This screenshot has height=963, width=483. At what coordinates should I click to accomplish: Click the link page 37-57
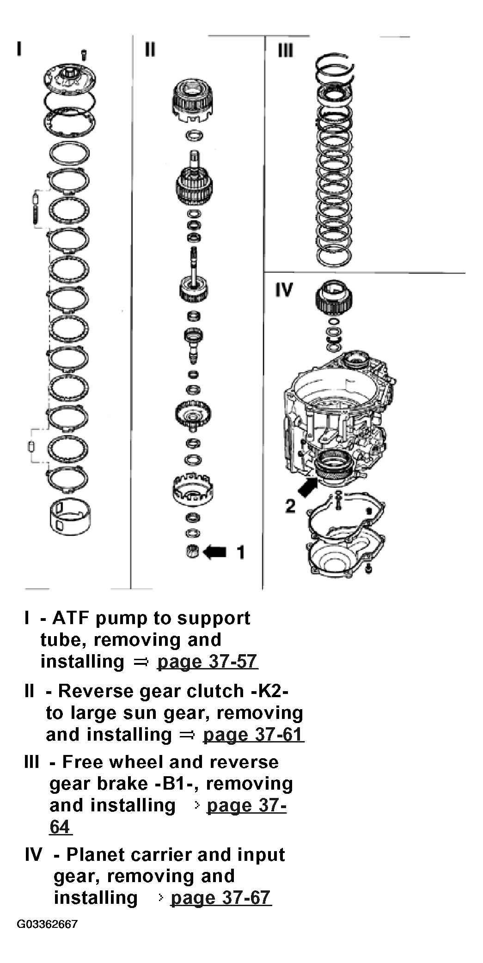click(x=208, y=661)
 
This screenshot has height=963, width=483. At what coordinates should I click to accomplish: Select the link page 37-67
click(x=221, y=897)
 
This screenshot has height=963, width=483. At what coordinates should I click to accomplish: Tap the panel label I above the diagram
click(x=19, y=48)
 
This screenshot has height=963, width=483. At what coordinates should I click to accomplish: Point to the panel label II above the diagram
click(x=150, y=49)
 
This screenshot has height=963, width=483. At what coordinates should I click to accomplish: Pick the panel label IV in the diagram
click(x=284, y=290)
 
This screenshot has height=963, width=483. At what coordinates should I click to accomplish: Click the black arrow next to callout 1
click(x=215, y=552)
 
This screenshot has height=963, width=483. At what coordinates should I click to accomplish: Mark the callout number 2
click(x=290, y=506)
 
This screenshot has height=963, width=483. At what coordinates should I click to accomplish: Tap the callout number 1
click(x=240, y=552)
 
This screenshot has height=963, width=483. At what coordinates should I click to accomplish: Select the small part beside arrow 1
click(x=193, y=552)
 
